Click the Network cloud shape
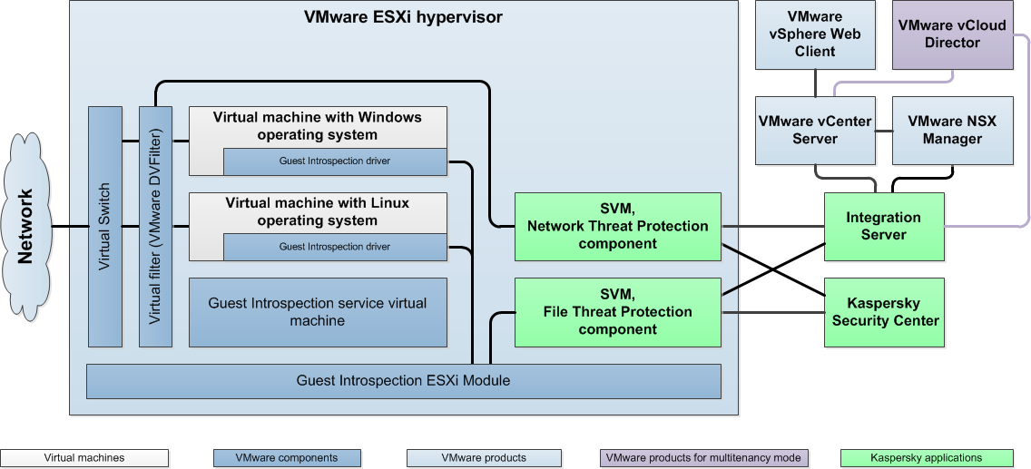coord(27,226)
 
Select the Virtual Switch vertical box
coord(104,226)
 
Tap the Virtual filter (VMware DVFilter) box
coord(155,226)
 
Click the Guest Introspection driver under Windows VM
coord(335,161)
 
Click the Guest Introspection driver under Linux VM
coord(335,247)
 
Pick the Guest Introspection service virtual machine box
coord(318,312)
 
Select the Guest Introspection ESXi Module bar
coord(403,381)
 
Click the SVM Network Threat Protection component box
coord(617,226)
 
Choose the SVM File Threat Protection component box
coord(617,312)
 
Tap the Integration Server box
coord(883,226)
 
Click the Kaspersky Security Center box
coord(883,312)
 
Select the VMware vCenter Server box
coord(815,131)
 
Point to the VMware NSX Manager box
coord(952,131)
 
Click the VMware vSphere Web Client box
coord(815,34)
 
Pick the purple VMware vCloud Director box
coord(952,34)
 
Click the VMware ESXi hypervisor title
coord(403,17)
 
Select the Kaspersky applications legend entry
coord(926,458)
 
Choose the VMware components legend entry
coord(286,458)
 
